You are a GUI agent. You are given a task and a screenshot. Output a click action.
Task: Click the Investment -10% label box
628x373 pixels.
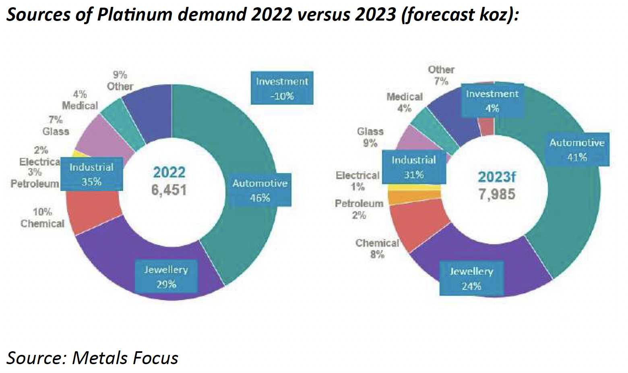[282, 88]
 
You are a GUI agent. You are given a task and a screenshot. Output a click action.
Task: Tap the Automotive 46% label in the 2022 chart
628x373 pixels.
[260, 190]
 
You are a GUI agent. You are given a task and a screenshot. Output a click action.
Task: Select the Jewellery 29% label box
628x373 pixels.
[166, 277]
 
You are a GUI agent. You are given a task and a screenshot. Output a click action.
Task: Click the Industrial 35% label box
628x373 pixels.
[91, 174]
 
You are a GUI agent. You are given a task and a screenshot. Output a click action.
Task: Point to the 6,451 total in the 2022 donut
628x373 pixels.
[169, 190]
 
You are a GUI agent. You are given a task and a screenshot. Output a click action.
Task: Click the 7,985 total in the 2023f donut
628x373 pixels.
[497, 195]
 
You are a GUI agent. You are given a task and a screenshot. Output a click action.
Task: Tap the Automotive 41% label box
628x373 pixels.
[577, 150]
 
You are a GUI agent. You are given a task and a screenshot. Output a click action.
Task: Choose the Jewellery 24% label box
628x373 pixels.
[471, 279]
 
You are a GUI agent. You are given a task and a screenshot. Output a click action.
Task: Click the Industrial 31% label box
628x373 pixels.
[414, 167]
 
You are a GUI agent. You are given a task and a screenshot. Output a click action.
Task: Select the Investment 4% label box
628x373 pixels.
[492, 101]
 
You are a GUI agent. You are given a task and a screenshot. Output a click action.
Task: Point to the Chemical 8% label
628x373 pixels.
[377, 249]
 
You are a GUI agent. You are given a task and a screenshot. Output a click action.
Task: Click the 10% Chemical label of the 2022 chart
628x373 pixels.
[42, 218]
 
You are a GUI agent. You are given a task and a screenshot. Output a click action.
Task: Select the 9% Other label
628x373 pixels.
[120, 81]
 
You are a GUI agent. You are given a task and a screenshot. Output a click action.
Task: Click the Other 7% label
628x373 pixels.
[441, 75]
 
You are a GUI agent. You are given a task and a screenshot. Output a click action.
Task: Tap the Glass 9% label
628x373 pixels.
[370, 137]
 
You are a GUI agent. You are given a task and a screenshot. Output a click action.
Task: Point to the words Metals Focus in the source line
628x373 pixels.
[125, 358]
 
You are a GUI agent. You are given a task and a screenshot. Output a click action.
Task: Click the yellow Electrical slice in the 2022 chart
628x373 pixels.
[74, 153]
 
